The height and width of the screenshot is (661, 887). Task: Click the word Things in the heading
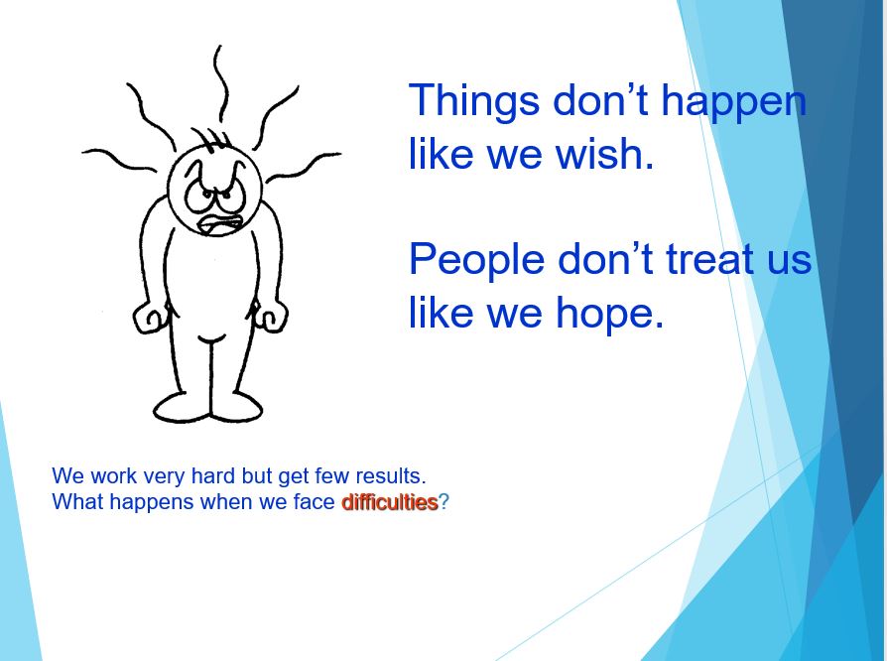pos(473,100)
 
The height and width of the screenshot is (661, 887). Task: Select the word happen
pos(733,102)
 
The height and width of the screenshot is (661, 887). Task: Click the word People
pos(476,259)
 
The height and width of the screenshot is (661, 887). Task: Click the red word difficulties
pos(390,502)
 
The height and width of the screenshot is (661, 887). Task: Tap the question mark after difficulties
pos(444,502)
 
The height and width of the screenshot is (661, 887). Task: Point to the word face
pos(314,502)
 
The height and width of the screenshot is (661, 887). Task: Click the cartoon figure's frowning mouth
pos(221,224)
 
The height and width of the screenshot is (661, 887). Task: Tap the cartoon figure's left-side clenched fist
pos(150,318)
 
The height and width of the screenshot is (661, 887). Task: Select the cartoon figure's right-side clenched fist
pos(272,317)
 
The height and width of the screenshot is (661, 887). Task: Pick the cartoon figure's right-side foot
pos(236,408)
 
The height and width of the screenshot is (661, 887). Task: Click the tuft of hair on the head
pos(211,139)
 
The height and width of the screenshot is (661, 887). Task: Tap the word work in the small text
pos(113,476)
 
